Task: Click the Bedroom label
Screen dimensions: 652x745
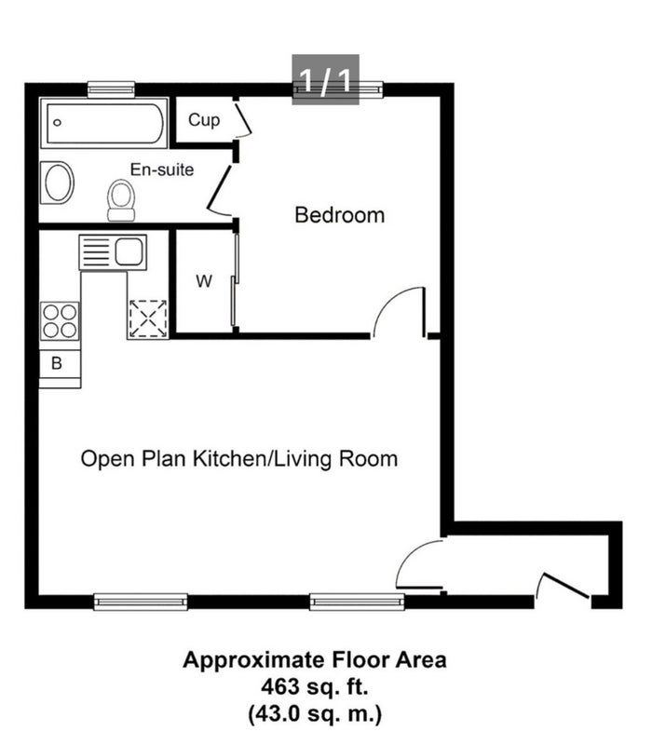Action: click(339, 215)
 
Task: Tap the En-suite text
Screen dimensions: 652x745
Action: click(162, 169)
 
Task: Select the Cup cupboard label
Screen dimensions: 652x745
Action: click(204, 120)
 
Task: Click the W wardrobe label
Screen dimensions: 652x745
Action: click(204, 281)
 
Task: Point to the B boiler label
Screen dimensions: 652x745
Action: click(57, 363)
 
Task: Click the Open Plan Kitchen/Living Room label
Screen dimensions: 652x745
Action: click(239, 459)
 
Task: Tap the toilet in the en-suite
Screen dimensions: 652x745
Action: click(121, 200)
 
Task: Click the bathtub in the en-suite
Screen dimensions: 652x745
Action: click(104, 123)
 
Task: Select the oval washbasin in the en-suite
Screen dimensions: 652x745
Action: click(58, 183)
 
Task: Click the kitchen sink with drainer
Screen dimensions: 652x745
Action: click(113, 252)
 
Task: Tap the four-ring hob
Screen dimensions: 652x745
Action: click(60, 321)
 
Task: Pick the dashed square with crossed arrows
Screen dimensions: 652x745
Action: click(148, 318)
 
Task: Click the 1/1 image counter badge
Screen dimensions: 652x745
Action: click(325, 79)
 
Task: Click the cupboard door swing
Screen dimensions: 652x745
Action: click(243, 119)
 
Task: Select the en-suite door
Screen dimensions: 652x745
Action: click(220, 191)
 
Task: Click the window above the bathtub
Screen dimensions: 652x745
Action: click(112, 88)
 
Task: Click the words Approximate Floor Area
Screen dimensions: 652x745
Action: click(315, 660)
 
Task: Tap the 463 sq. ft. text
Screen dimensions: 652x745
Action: click(315, 686)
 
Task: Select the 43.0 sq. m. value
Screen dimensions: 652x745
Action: click(315, 713)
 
